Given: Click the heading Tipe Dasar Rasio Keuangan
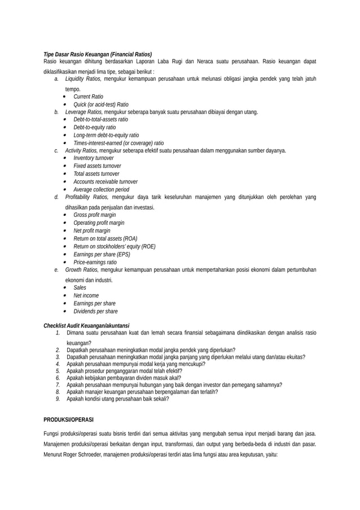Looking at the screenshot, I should tap(98, 54).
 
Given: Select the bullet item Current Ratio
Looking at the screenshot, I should tap(88, 97).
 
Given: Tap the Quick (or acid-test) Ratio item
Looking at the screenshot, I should tap(100, 104).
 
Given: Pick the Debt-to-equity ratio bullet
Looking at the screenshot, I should tap(94, 128).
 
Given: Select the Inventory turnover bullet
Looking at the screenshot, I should tap(93, 158).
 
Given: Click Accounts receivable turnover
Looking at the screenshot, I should tap(105, 181).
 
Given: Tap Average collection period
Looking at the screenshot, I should tap(101, 189).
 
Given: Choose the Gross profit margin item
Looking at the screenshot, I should tap(94, 215).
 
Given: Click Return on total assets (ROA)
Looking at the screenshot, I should tap(105, 238).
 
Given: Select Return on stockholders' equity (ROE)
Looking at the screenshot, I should tap(114, 246).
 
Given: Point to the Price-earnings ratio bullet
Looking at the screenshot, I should tap(95, 262).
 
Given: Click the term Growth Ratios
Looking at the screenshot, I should tap(81, 269).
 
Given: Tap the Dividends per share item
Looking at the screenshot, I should tap(95, 311).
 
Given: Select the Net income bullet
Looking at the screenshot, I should tap(86, 295).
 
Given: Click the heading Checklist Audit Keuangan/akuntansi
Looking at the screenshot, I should tap(86, 325).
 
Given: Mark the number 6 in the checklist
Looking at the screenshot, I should tap(58, 378).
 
